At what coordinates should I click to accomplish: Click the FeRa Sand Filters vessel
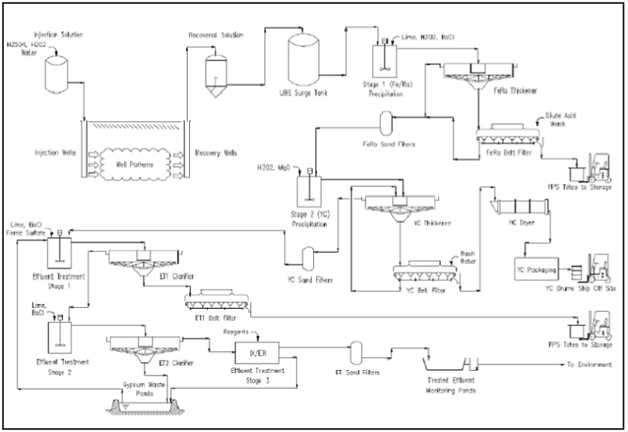click(386, 123)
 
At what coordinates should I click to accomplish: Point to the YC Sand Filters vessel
click(309, 256)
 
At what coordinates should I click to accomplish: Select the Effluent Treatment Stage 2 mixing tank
click(58, 333)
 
